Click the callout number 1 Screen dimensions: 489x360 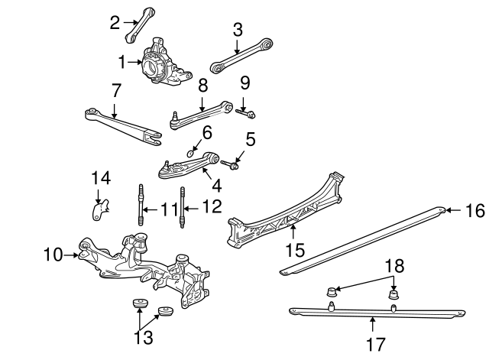point(122,62)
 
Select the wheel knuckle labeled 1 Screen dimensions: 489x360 point(165,63)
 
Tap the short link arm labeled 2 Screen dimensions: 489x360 point(140,25)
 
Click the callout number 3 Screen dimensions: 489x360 point(238,31)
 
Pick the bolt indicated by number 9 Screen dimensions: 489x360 point(245,113)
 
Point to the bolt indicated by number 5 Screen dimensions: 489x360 point(230,164)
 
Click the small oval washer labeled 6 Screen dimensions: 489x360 point(190,153)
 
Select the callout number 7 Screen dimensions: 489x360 point(115,90)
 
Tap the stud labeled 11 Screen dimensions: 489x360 point(141,205)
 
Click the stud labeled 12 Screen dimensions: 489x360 point(183,207)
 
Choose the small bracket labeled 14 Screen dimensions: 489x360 point(100,210)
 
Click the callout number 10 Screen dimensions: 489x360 point(53,255)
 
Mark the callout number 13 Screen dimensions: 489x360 point(144,337)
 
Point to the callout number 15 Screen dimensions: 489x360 point(295,250)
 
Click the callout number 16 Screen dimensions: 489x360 point(475,210)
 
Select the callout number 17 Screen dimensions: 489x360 point(376,345)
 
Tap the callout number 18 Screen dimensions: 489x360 point(395,266)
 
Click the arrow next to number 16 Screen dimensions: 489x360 point(455,210)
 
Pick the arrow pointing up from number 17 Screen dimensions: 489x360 point(372,324)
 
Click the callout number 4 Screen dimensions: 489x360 point(217,186)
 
